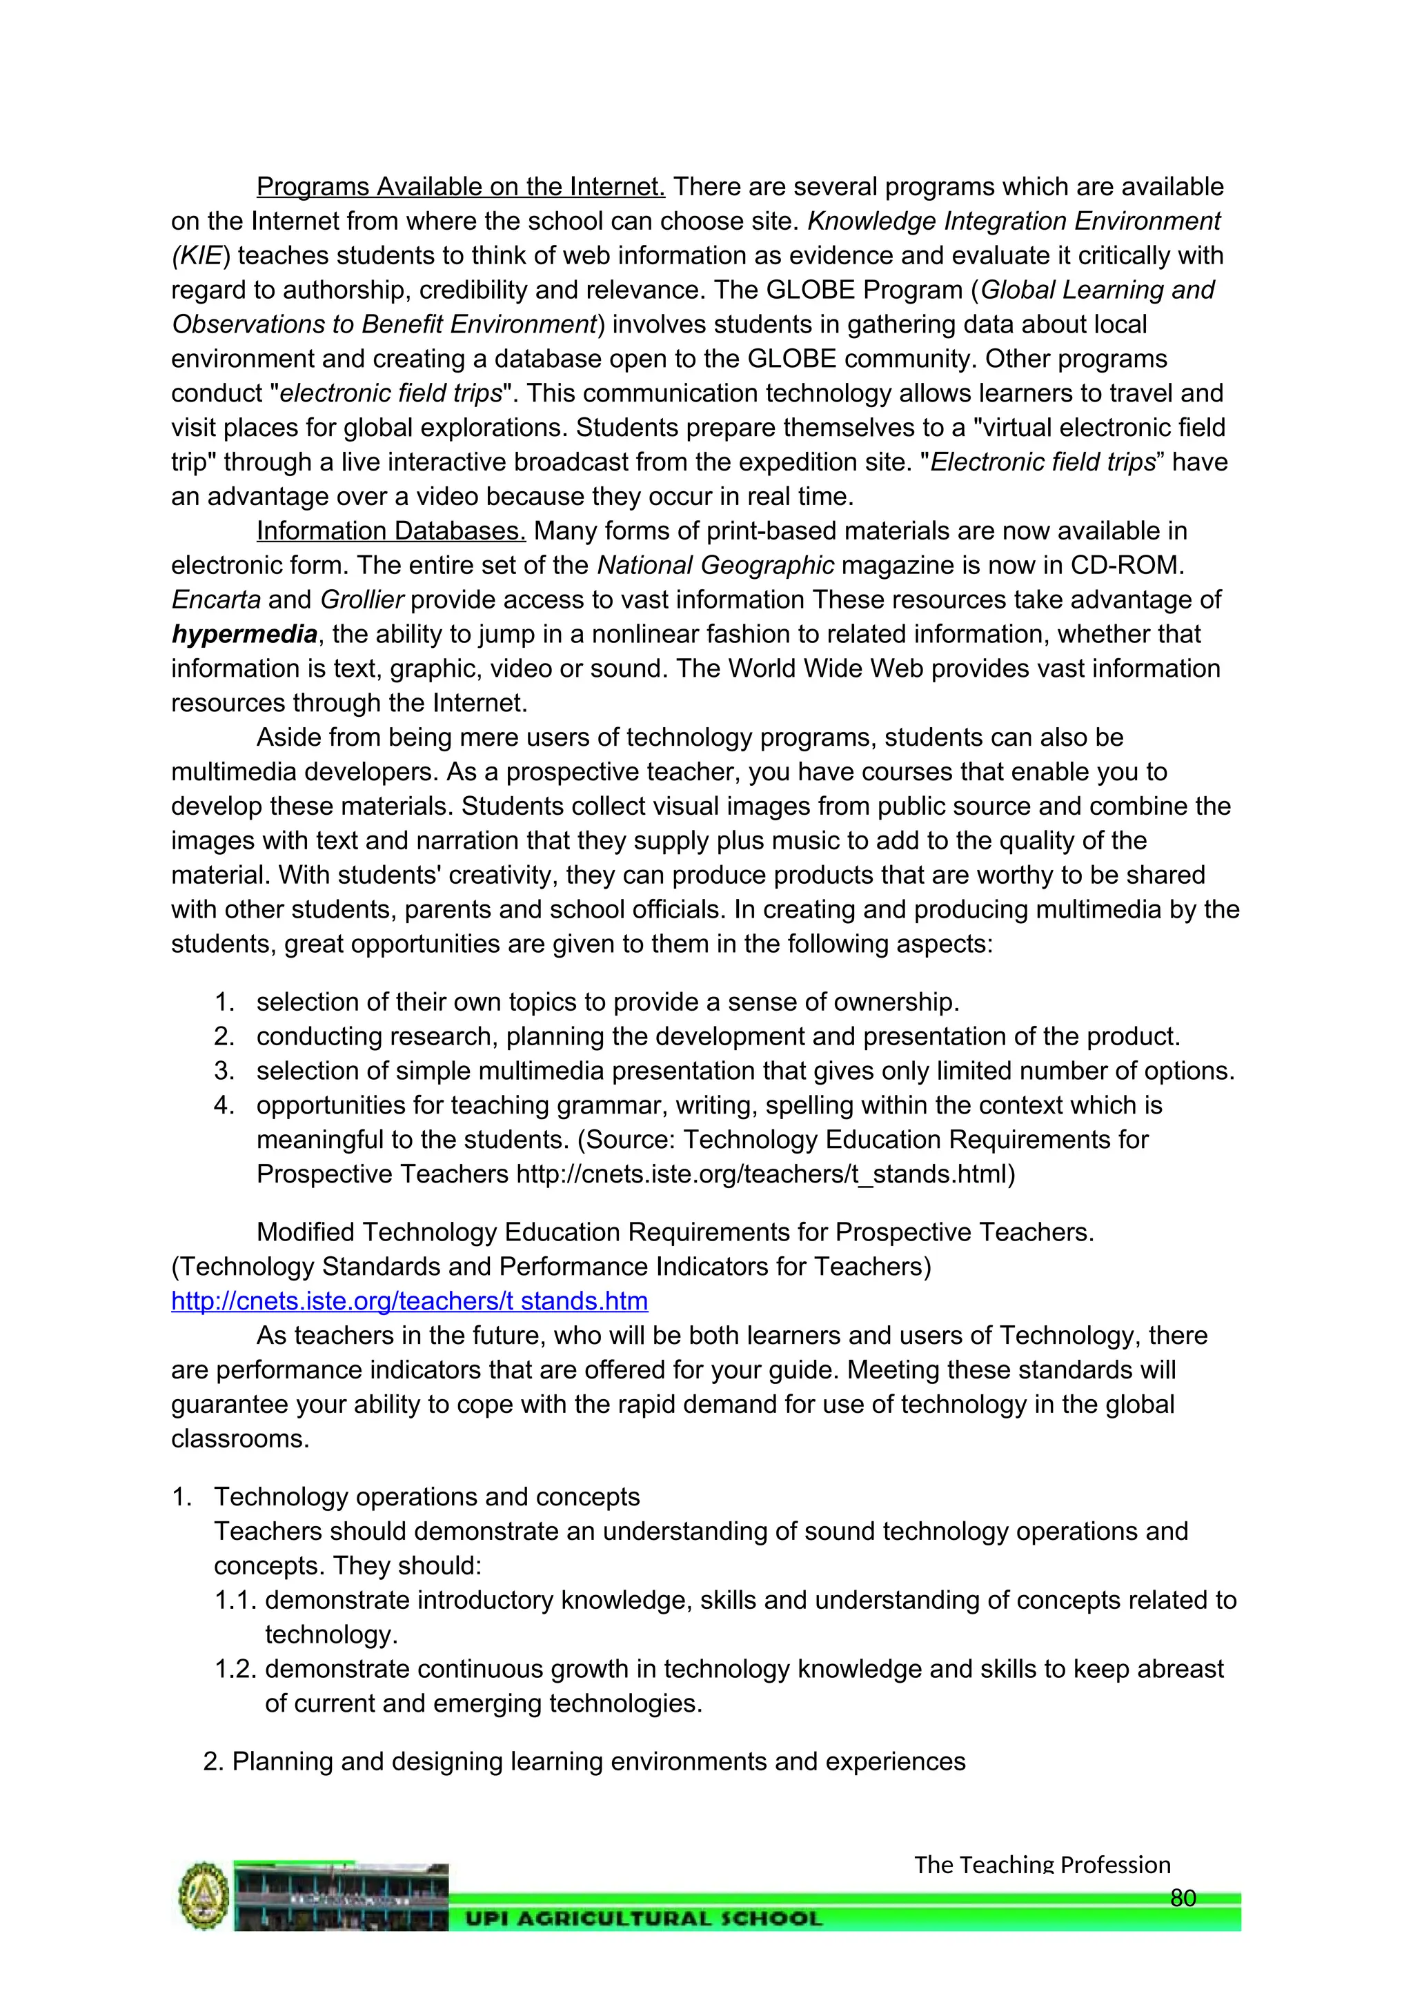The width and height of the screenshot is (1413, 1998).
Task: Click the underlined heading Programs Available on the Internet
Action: click(460, 187)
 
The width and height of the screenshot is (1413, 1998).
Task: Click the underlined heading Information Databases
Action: click(391, 531)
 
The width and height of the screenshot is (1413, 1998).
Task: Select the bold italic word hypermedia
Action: click(244, 635)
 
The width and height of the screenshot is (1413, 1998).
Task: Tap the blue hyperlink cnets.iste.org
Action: click(409, 1301)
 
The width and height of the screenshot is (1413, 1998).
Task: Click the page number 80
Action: click(1183, 1898)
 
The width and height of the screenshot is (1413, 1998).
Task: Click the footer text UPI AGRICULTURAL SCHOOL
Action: click(643, 1919)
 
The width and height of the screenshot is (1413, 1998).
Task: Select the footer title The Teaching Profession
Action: click(1042, 1865)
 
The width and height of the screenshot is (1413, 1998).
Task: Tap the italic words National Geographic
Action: click(715, 566)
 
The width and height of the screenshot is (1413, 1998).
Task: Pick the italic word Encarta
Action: click(216, 600)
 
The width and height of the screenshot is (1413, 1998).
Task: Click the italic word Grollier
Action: click(362, 600)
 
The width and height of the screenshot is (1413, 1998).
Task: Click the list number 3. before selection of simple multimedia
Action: click(224, 1071)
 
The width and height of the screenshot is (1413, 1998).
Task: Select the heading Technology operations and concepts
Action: click(426, 1496)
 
